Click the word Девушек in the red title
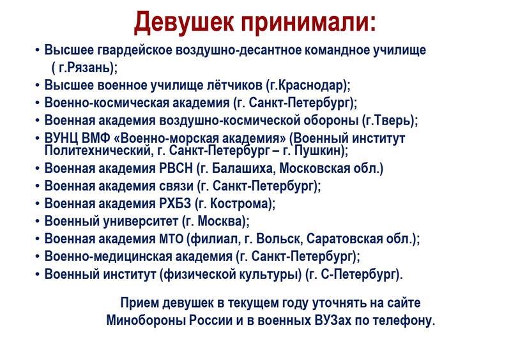[x=184, y=22]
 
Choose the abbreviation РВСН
[x=176, y=169]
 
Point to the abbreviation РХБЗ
[x=174, y=204]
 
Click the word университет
[x=141, y=221]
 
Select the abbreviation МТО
[x=171, y=239]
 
